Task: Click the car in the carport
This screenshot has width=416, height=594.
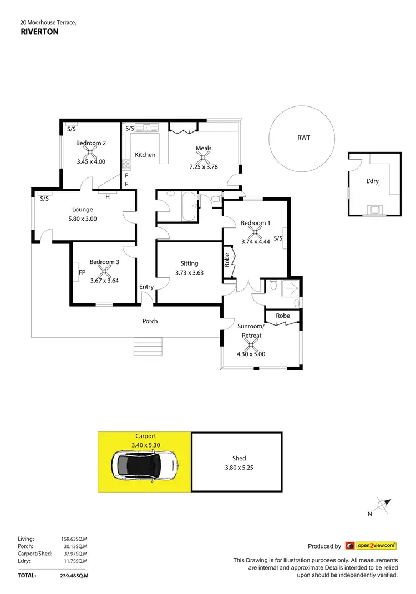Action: (145, 465)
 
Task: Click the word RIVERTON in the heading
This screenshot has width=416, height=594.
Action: (39, 32)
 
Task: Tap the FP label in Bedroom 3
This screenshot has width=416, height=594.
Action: (82, 272)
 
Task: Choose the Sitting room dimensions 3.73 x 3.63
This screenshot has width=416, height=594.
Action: (189, 272)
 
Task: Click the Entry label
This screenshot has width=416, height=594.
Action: (146, 287)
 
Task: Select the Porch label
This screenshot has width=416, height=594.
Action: (150, 321)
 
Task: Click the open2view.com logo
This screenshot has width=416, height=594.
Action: (371, 546)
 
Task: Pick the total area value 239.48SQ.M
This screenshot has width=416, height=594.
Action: (74, 576)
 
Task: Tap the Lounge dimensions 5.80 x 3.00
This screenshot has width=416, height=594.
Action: (82, 219)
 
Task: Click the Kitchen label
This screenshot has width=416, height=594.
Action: (145, 155)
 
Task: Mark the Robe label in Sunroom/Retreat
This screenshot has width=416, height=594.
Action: (283, 316)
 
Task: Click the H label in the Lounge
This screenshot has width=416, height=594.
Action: (107, 196)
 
